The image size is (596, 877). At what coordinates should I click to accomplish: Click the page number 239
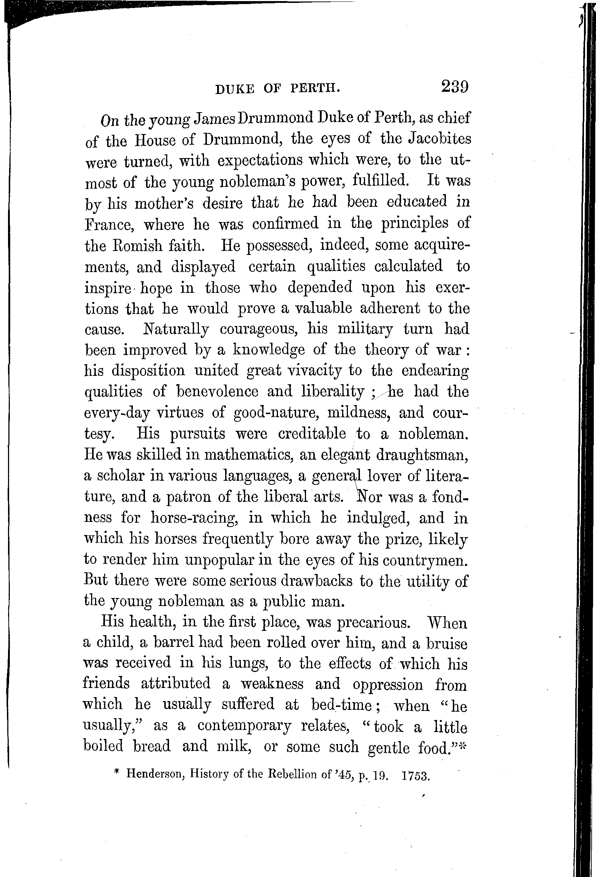pyautogui.click(x=454, y=86)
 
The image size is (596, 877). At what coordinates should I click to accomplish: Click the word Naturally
pyautogui.click(x=176, y=329)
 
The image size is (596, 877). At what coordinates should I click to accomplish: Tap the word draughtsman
pyautogui.click(x=422, y=455)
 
